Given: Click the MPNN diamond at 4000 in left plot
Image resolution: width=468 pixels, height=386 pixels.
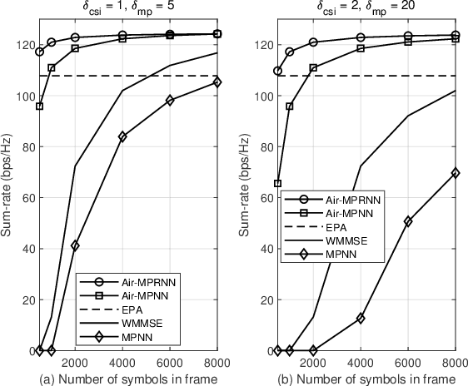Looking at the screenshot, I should [x=122, y=136].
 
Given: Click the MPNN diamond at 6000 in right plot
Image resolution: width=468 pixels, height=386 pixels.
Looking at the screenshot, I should [x=408, y=221].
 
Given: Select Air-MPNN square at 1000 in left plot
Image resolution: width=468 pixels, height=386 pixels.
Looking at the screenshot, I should [x=52, y=68].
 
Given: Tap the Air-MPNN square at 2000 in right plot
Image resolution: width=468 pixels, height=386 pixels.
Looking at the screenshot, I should [x=313, y=68].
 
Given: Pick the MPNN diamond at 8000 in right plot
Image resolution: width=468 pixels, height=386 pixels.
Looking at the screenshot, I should [x=456, y=172].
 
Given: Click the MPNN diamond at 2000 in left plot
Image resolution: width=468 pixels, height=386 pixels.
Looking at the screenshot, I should [x=75, y=245].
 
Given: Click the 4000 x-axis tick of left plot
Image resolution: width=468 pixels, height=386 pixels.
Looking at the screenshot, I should [x=122, y=363].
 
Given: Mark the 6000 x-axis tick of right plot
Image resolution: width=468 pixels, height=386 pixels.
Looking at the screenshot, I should [x=408, y=363].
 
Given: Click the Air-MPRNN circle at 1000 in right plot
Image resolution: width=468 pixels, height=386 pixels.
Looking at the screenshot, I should [x=290, y=52].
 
